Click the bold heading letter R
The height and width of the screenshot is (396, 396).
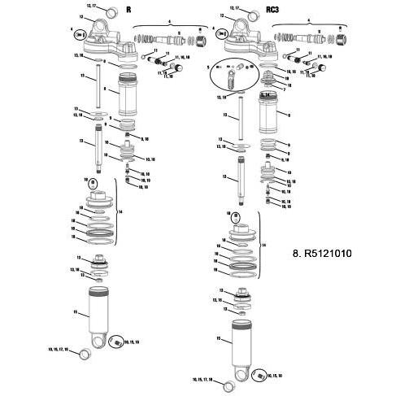click(x=128, y=14)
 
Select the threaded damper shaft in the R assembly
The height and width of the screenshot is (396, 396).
click(x=100, y=151)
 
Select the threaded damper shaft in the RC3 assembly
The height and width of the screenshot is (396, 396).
click(x=241, y=178)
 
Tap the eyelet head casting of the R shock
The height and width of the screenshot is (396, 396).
click(x=102, y=39)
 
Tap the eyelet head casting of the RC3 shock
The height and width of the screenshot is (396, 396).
click(x=243, y=39)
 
